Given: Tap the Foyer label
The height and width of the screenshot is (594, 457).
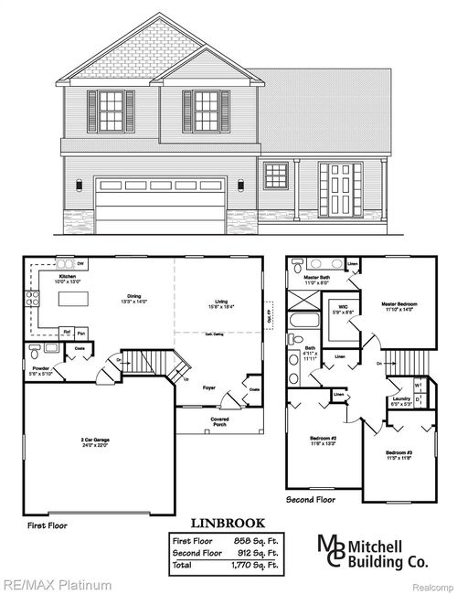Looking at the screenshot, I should tap(209, 387).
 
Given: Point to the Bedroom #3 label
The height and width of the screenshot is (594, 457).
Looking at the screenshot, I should tap(398, 454).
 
